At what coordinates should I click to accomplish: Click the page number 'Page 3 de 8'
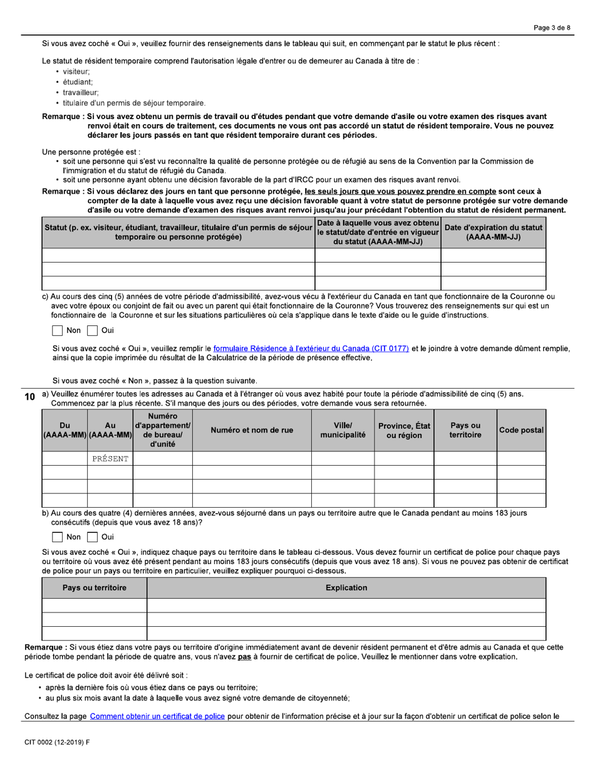tap(552, 28)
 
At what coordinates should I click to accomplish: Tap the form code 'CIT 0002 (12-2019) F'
tap(57, 742)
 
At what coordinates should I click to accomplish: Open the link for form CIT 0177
tap(311, 349)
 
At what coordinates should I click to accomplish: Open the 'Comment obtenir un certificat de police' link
tap(157, 716)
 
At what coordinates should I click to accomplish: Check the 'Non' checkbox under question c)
tap(57, 330)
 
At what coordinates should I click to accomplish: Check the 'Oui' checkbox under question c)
tap(92, 330)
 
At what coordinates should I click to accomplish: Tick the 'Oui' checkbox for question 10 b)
tap(92, 537)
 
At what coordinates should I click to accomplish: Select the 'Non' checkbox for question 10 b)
tap(57, 537)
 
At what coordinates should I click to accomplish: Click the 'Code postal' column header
tap(521, 431)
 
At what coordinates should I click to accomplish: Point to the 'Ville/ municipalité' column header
tap(343, 431)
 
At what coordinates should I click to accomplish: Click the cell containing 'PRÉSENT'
tap(110, 459)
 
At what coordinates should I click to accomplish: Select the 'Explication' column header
tap(346, 588)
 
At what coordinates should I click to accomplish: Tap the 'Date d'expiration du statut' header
tap(493, 232)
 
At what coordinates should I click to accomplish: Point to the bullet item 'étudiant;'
tap(78, 82)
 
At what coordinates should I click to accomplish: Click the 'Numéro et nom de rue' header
tap(252, 431)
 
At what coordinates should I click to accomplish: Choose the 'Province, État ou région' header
tap(403, 431)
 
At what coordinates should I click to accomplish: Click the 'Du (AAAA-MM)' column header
tap(65, 431)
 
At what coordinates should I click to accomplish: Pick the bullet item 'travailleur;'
tap(80, 92)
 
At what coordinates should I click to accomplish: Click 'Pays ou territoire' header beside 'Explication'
tap(94, 588)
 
